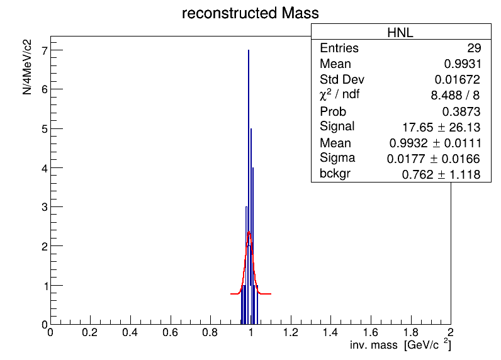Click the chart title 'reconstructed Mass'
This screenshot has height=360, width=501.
pos(250,13)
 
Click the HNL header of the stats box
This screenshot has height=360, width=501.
pos(400,33)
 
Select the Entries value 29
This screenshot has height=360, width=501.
pos(474,48)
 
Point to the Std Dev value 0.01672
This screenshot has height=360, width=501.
pos(458,79)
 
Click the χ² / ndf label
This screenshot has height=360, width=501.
pos(339,94)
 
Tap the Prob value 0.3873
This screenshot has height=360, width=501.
pos(461,111)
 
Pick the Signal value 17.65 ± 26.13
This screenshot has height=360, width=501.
pos(441,127)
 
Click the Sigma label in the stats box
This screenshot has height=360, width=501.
pos(337,158)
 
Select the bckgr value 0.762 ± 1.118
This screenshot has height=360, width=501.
pos(441,174)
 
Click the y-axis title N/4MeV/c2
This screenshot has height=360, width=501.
pos(27,67)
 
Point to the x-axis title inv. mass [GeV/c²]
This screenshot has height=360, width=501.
pos(400,344)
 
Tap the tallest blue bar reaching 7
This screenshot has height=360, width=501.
pos(249,187)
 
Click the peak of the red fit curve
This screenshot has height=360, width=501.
pos(249,232)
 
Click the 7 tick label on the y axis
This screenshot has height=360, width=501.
pos(45,50)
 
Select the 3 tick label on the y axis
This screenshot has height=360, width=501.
pos(45,207)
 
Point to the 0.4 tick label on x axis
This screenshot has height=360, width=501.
pos(130,332)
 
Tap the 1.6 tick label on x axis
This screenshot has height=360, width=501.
pos(370,332)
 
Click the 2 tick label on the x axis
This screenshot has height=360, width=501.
pos(451,332)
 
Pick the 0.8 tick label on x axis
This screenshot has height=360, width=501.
pos(210,332)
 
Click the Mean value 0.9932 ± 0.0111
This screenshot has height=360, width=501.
pos(435,143)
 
